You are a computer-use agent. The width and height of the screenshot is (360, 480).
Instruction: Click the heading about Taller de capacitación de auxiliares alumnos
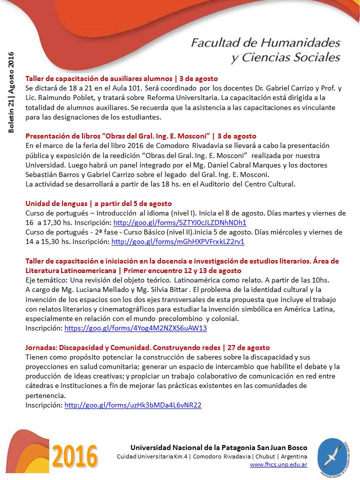(121, 78)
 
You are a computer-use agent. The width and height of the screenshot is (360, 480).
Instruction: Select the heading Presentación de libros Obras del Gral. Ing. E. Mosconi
(140, 136)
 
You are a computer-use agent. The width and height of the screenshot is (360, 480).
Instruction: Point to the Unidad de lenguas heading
(98, 203)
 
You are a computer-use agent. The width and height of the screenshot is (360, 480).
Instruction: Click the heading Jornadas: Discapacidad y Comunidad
(147, 347)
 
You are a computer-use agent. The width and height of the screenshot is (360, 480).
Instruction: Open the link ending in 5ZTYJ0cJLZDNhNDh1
(180, 222)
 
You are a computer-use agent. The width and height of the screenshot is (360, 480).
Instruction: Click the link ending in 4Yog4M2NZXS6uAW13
(135, 328)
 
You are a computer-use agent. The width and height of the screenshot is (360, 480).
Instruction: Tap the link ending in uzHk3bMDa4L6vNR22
(133, 405)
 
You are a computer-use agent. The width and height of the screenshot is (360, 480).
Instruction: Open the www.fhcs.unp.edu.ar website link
(278, 464)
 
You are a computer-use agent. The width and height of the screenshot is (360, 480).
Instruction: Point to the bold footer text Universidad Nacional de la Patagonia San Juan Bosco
(219, 447)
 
